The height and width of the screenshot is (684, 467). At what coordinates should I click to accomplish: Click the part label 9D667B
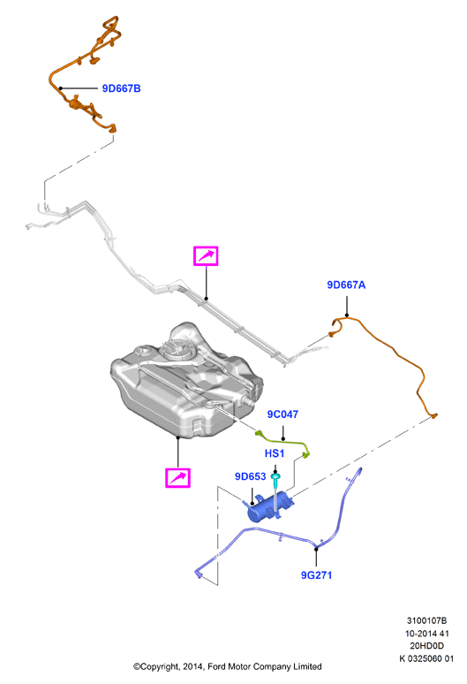[x=121, y=88]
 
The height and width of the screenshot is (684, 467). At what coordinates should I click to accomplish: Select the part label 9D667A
[x=346, y=285]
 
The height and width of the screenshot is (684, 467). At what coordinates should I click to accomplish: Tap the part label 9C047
[x=282, y=414]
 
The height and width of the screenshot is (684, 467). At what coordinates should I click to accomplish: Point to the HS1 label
[x=275, y=453]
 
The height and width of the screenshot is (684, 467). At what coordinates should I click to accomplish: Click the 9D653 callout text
[x=251, y=476]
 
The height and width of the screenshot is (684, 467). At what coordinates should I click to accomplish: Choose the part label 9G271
[x=317, y=575]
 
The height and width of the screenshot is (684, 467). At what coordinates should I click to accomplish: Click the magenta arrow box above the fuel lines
[x=206, y=256]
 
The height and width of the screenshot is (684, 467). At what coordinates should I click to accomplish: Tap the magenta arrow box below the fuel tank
[x=177, y=478]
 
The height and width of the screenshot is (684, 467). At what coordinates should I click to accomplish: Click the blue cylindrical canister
[x=269, y=507]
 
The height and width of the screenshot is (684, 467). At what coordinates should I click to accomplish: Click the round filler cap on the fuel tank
[x=175, y=349]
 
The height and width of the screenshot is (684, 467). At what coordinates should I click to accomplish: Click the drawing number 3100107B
[x=427, y=620]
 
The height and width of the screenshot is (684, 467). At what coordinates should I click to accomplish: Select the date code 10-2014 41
[x=427, y=634]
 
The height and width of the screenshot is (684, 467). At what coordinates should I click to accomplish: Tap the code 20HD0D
[x=427, y=646]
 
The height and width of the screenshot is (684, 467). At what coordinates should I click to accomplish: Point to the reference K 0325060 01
[x=427, y=658]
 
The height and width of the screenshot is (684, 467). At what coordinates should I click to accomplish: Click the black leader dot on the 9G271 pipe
[x=316, y=549]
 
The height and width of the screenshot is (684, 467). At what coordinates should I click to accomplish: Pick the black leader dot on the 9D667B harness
[x=61, y=88]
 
